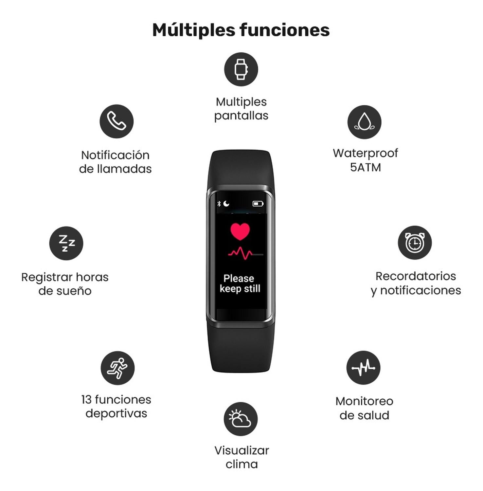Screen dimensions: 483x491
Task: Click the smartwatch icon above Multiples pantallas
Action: (241, 69)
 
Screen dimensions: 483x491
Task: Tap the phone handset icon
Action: (116, 121)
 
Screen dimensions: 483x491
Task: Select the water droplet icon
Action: (364, 122)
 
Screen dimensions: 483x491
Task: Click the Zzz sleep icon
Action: (66, 243)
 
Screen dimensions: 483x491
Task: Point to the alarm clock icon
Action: (415, 243)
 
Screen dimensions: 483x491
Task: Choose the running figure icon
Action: (117, 368)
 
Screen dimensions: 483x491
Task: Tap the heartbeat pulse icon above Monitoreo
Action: (363, 368)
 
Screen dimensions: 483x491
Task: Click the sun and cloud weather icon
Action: (241, 419)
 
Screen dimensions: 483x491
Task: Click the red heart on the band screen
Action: (240, 231)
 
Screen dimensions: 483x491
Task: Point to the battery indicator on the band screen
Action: (258, 204)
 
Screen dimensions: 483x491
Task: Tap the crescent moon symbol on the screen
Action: (226, 204)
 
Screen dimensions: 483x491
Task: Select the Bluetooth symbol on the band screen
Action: (219, 204)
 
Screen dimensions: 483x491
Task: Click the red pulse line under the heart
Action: (241, 253)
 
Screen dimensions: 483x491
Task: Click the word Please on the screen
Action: (239, 278)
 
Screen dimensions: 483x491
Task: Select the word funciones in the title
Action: (285, 30)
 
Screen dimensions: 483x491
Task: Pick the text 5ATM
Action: (366, 167)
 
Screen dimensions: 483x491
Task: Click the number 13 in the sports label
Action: (86, 399)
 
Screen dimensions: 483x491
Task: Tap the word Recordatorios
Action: (416, 276)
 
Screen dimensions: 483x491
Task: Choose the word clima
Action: (241, 464)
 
